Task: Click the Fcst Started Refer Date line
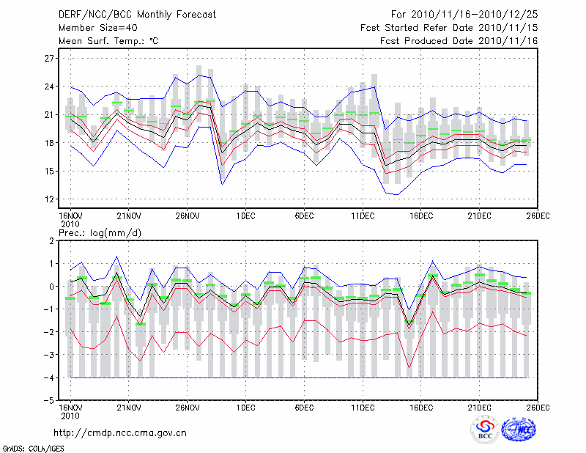click(x=449, y=28)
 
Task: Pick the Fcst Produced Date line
click(x=459, y=41)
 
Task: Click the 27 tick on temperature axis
click(x=50, y=58)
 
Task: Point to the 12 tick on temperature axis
click(x=50, y=199)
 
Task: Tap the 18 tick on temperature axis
click(x=50, y=143)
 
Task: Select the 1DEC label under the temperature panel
click(x=245, y=216)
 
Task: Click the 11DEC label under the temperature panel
click(x=363, y=216)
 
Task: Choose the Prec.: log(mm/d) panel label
click(x=105, y=232)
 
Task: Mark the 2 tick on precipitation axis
click(x=51, y=241)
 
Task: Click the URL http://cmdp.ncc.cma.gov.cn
click(x=120, y=433)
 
